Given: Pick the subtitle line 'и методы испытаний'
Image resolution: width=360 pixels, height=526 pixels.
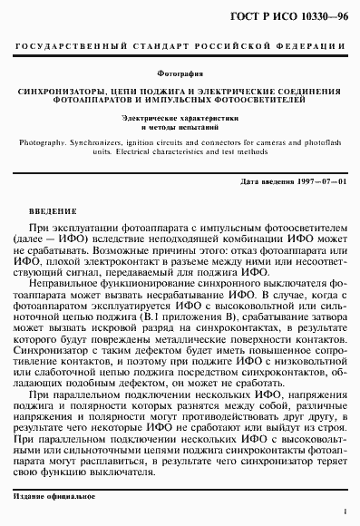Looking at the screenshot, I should coord(180,130).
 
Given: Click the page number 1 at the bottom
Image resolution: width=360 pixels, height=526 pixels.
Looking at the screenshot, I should coord(345,512).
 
